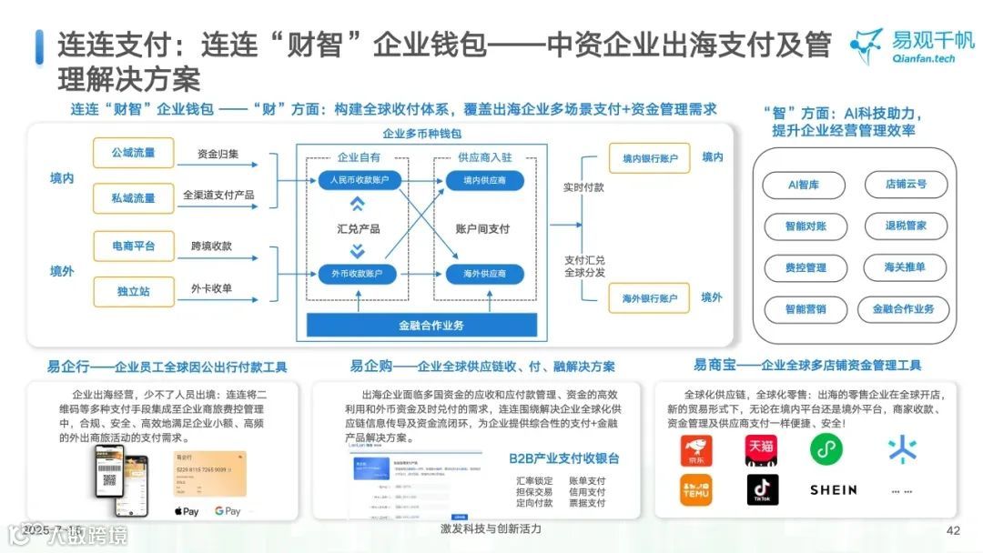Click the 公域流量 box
click(133, 153)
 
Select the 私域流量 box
click(133, 197)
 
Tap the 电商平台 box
click(133, 246)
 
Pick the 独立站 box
click(133, 290)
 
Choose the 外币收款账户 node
click(355, 273)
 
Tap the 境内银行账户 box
click(650, 158)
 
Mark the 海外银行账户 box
click(650, 297)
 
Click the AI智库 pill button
click(804, 185)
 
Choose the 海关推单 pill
click(905, 267)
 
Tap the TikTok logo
click(763, 489)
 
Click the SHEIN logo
click(833, 489)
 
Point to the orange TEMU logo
click(696, 489)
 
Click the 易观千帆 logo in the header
click(910, 45)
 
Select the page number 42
click(954, 531)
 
